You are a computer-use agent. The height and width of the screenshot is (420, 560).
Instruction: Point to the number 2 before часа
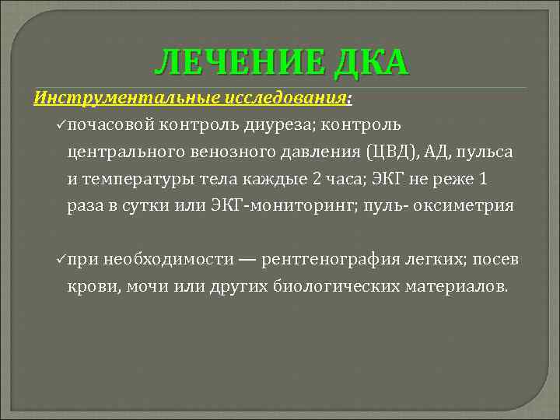pos(316,178)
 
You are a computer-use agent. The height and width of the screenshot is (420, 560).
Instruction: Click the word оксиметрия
pos(467,205)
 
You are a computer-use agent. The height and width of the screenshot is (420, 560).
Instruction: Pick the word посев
pos(495,258)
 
